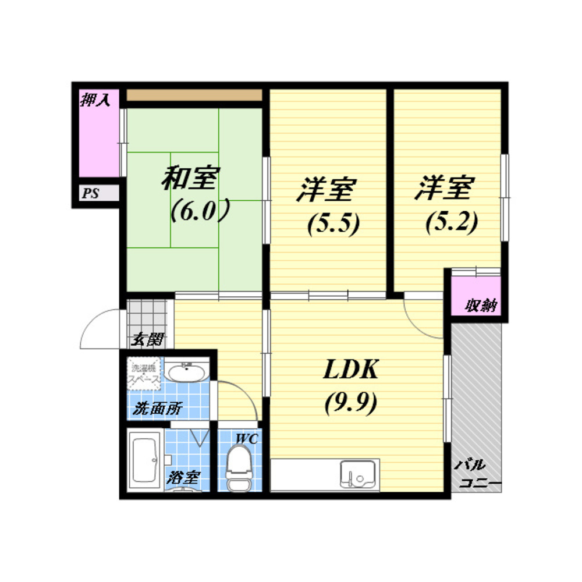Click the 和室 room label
pyautogui.click(x=190, y=178)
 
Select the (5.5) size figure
pyautogui.click(x=333, y=224)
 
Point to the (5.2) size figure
pyautogui.click(x=452, y=223)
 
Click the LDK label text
pyautogui.click(x=351, y=369)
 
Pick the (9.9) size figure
pyautogui.click(x=351, y=403)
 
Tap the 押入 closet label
pyautogui.click(x=95, y=100)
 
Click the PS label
pyautogui.click(x=91, y=193)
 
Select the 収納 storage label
pyautogui.click(x=481, y=305)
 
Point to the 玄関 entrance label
pyautogui.click(x=148, y=339)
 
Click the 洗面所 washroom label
pyautogui.click(x=157, y=409)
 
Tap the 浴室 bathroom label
pyautogui.click(x=183, y=477)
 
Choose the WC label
pyautogui.click(x=247, y=439)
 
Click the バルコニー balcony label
pyautogui.click(x=476, y=474)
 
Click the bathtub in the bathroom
pyautogui.click(x=145, y=460)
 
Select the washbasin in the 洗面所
pyautogui.click(x=186, y=371)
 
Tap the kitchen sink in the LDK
pyautogui.click(x=358, y=474)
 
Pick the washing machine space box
pyautogui.click(x=144, y=374)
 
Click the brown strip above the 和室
pyautogui.click(x=194, y=95)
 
